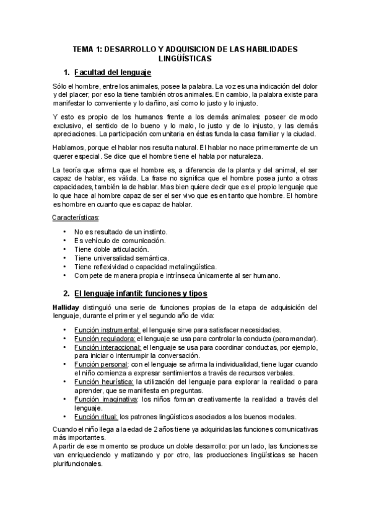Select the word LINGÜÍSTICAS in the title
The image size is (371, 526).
[x=185, y=58]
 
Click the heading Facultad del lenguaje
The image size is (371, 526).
[x=113, y=73]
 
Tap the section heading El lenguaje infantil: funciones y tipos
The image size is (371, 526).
[x=140, y=292]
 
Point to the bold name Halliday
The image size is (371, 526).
[x=67, y=306]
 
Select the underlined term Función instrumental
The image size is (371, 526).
[x=107, y=329]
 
